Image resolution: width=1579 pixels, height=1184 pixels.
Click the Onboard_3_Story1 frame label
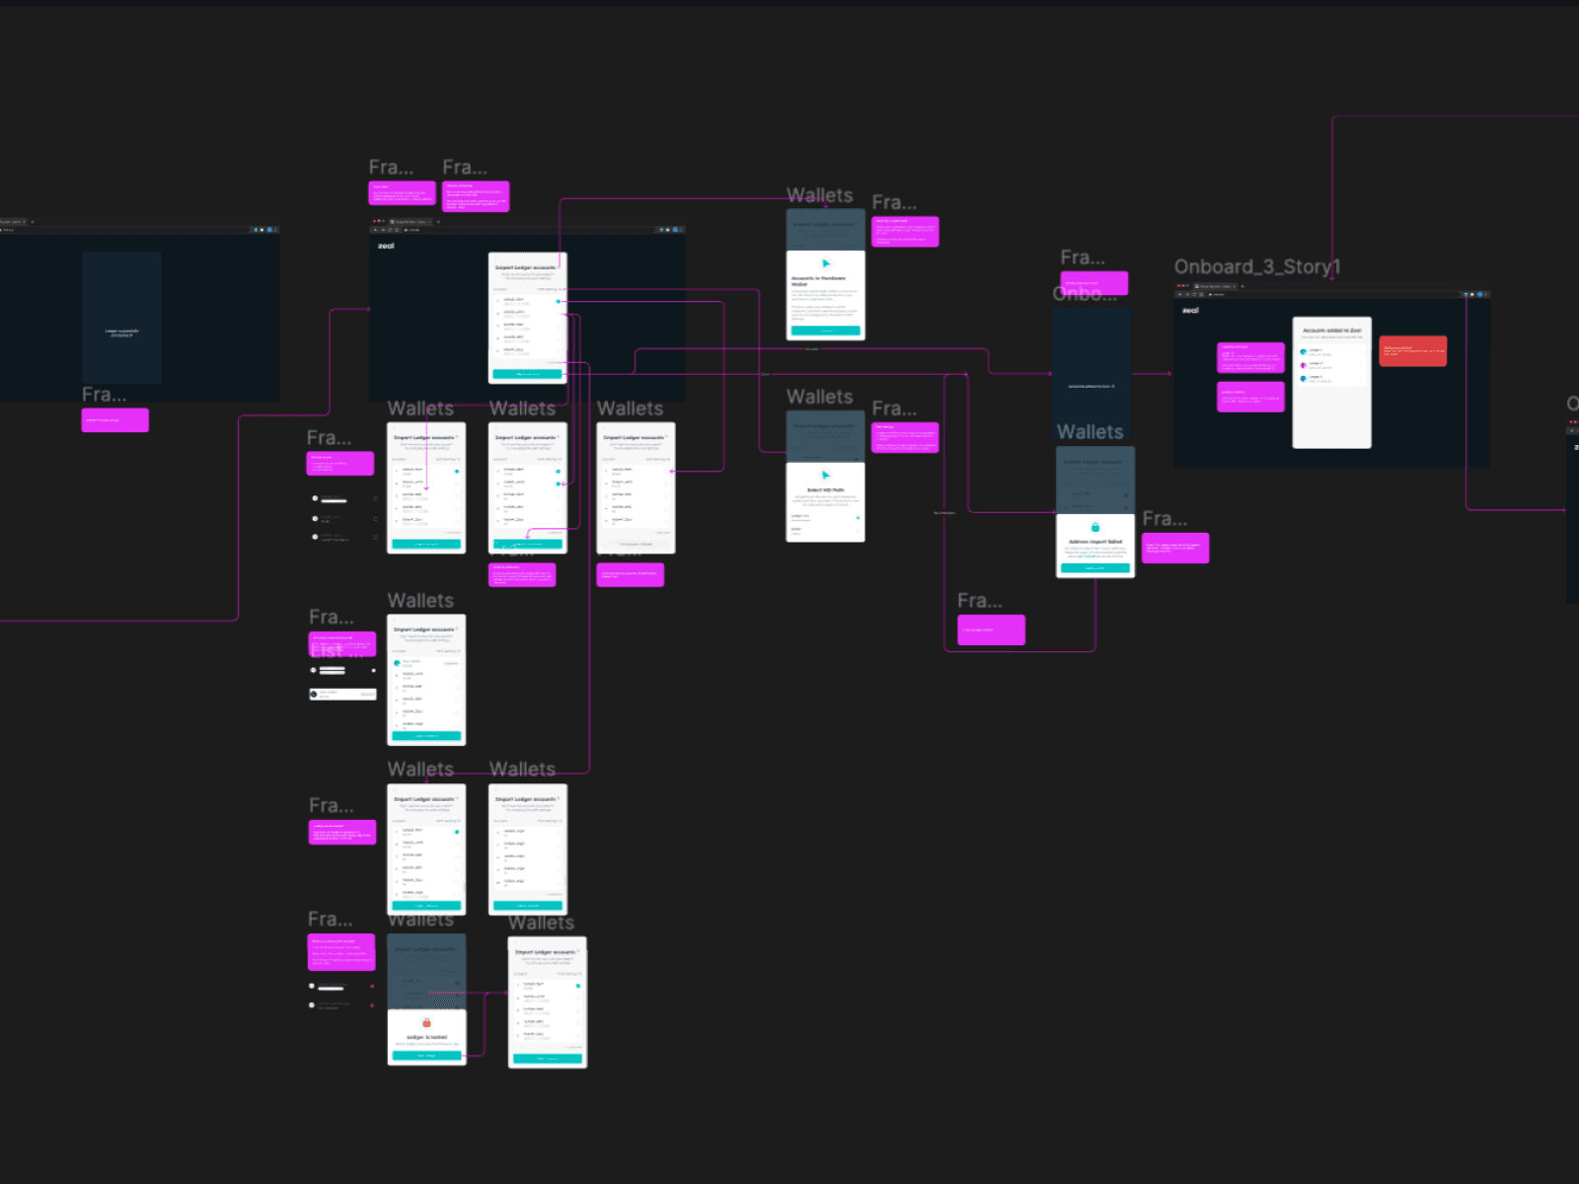tap(1256, 267)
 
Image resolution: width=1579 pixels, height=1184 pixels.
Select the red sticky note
tap(1412, 350)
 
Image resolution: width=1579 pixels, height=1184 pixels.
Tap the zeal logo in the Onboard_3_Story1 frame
tap(1191, 311)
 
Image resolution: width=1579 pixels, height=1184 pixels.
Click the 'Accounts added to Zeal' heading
tap(1331, 331)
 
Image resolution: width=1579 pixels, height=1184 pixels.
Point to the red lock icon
tap(426, 1023)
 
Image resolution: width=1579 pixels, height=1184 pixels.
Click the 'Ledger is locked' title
tap(426, 1037)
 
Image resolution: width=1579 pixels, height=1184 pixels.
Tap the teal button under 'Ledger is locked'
tap(426, 1056)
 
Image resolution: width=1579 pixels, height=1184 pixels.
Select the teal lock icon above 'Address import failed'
tap(1094, 528)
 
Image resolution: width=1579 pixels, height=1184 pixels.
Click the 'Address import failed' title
tap(1095, 542)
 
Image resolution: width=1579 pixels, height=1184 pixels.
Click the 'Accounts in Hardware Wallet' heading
tap(818, 280)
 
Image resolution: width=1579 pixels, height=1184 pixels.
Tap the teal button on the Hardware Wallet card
tap(825, 331)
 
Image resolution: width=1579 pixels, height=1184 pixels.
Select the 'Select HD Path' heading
tap(825, 490)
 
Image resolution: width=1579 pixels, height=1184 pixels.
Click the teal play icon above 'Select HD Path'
tap(825, 476)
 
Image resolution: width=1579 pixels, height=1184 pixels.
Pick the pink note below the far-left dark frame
tap(114, 420)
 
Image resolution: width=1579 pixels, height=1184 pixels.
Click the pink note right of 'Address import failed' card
tap(1174, 548)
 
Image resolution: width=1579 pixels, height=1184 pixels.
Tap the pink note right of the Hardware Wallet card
tap(905, 232)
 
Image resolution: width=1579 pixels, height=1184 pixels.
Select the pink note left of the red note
tap(1250, 357)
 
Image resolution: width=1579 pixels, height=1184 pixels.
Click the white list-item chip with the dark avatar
tap(342, 694)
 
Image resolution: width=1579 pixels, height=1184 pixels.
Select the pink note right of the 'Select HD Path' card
tap(905, 437)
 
